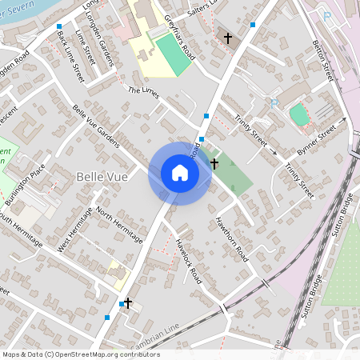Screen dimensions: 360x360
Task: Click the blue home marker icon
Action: [x=180, y=173]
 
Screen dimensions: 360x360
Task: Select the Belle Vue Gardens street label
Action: [x=96, y=126]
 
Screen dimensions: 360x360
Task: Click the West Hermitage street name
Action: [x=74, y=231]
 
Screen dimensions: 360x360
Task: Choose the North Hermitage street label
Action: [x=119, y=224]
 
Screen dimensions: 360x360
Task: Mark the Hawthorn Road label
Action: [x=232, y=239]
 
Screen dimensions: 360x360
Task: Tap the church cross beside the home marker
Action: [x=214, y=163]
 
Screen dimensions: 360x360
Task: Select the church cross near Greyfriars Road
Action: [x=227, y=38]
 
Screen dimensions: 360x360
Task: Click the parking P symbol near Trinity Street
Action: [x=274, y=102]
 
